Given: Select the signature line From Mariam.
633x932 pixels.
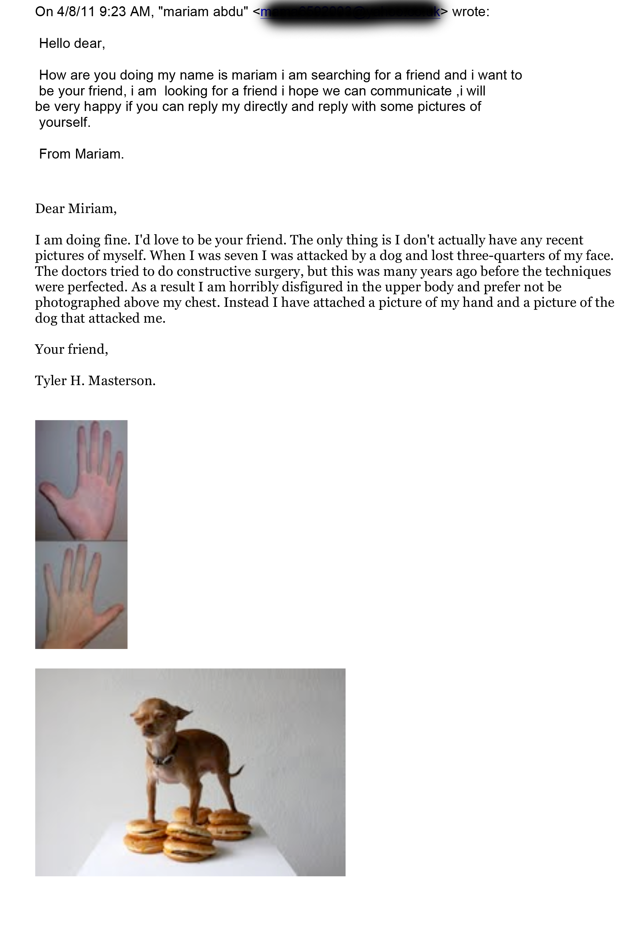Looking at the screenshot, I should click(81, 154).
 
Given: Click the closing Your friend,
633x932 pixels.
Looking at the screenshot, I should click(71, 349).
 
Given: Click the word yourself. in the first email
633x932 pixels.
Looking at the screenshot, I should click(64, 122).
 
